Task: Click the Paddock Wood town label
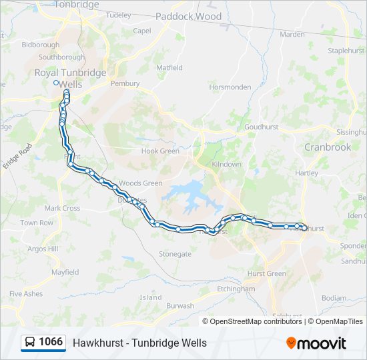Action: click(x=188, y=16)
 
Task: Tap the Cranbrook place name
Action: click(x=328, y=147)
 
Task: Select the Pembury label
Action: click(x=125, y=84)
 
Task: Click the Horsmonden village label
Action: click(x=230, y=87)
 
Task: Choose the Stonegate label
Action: click(x=175, y=254)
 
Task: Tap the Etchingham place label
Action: click(x=236, y=289)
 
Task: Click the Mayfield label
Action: click(x=65, y=272)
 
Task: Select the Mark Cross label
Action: click(x=62, y=208)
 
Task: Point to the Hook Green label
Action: click(x=160, y=151)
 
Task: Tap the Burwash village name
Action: click(x=180, y=306)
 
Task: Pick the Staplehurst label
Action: click(x=346, y=50)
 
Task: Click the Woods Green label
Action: click(x=141, y=183)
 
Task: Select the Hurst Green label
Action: click(x=267, y=274)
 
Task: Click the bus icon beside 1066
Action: click(x=30, y=343)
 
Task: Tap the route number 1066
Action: click(x=51, y=343)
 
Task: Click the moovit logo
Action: click(x=316, y=343)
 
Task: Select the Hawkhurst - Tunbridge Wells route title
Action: click(x=139, y=343)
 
